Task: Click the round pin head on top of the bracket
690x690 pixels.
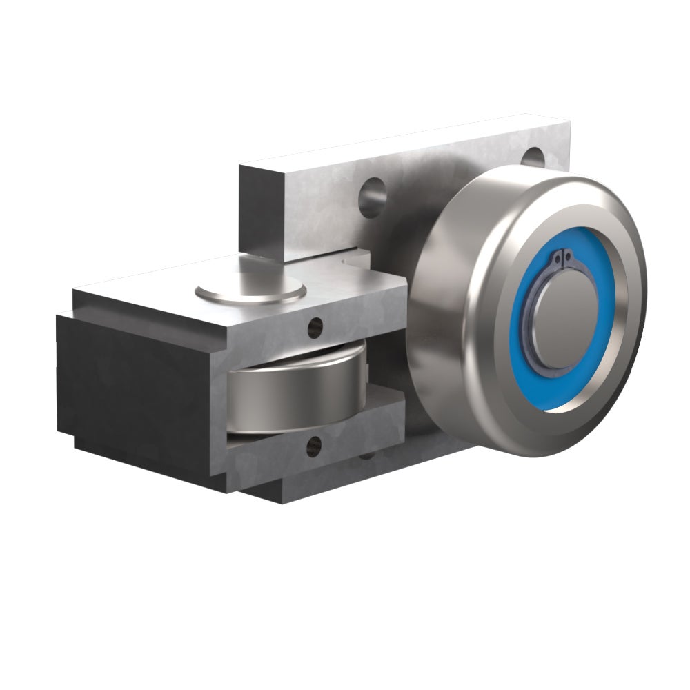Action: [250, 289]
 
